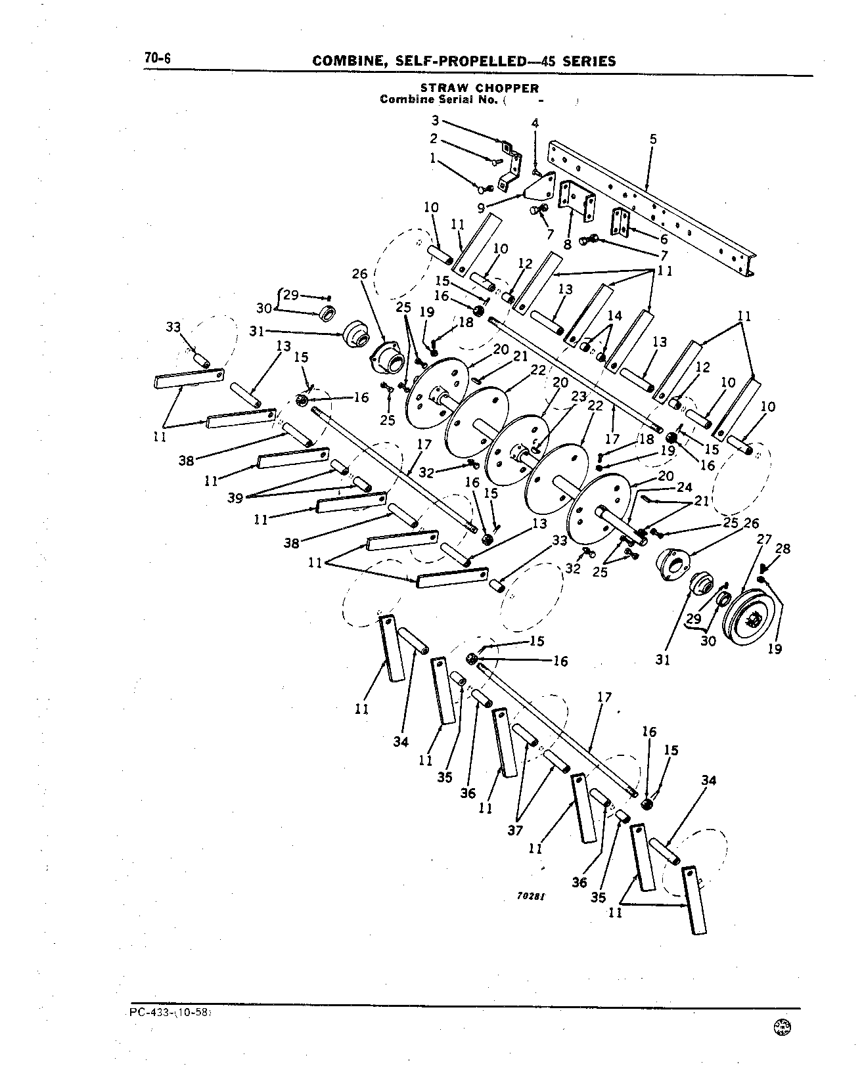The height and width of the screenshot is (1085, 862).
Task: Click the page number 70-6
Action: coord(157,58)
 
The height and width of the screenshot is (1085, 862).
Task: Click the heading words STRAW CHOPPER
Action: coord(480,88)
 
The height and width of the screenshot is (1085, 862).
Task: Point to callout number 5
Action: coord(652,139)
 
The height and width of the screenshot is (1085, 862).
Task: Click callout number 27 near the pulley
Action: coord(764,540)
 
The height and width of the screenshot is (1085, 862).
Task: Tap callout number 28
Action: coord(783,548)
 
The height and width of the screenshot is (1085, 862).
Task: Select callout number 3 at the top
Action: coord(434,120)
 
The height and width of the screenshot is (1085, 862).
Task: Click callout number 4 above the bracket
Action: coord(535,123)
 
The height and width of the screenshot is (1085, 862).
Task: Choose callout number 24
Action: coord(685,487)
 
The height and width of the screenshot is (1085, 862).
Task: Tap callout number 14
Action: coord(614,316)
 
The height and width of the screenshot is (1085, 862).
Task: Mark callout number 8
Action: coord(567,245)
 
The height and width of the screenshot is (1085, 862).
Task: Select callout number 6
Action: coord(664,240)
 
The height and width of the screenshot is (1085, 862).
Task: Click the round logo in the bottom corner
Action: coord(783,1044)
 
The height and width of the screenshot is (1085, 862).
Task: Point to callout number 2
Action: coord(434,139)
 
